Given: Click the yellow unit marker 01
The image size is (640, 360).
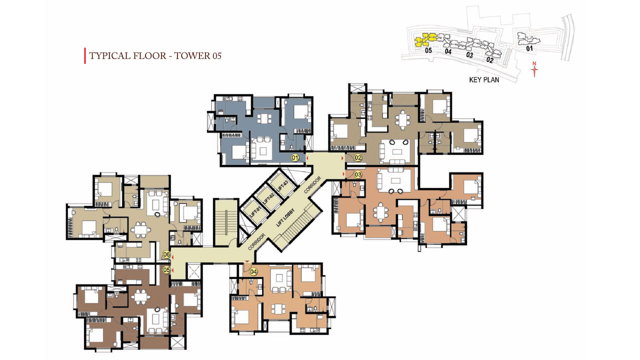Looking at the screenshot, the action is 295,157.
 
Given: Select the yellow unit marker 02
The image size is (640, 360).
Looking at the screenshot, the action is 358,157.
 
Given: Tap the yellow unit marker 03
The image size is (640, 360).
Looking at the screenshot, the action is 358,174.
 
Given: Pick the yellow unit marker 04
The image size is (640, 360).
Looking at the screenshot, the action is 253,271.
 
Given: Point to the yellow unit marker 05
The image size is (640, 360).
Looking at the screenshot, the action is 166,269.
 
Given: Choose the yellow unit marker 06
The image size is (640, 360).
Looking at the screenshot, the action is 166,254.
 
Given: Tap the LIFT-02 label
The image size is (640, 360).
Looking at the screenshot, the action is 268,198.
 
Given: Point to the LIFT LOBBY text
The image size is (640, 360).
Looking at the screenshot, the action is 285,217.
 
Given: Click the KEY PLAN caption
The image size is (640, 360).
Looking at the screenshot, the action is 484,79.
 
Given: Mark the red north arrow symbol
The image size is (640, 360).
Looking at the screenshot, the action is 534,69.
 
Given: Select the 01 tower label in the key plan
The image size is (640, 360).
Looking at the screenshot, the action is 529,48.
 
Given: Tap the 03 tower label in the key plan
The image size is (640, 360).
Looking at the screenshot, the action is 469,55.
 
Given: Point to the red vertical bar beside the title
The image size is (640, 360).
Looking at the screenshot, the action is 85,55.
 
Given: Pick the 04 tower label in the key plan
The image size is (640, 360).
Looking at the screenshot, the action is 448,51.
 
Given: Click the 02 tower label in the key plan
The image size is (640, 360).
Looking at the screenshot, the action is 489,60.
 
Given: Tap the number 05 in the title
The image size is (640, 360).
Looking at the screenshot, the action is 216,55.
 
